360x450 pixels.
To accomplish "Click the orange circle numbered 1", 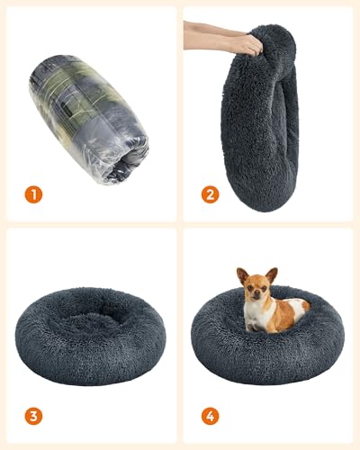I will tap(33, 193).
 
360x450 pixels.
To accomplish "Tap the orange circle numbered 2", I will tap(210, 193).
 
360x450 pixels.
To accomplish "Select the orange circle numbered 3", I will tap(33, 416).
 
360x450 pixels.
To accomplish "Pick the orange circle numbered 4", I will tap(210, 416).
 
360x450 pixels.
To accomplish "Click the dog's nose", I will tap(256, 296).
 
